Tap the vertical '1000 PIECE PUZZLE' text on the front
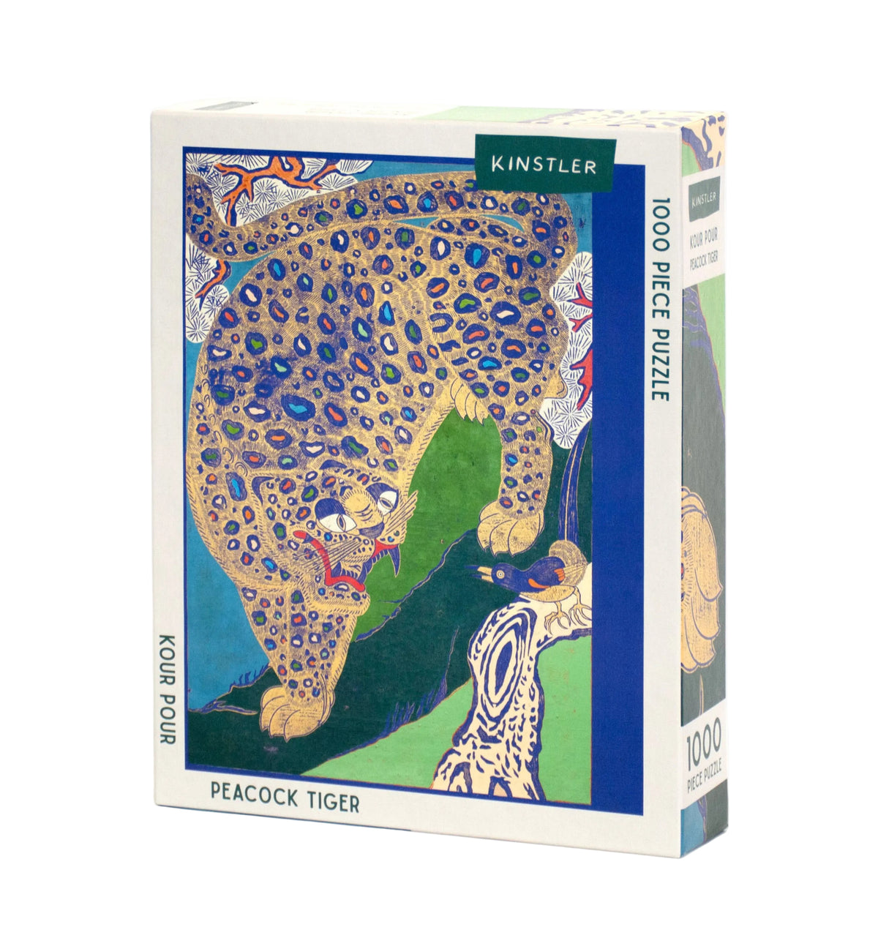point(659,299)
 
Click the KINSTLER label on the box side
point(703,195)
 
